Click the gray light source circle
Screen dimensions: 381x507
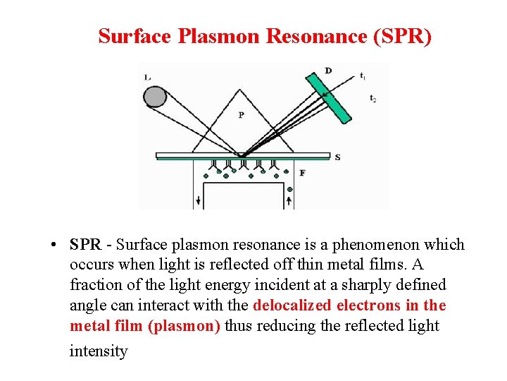point(156,96)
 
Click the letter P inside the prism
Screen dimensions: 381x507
point(241,114)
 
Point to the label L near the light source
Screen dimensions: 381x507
point(146,77)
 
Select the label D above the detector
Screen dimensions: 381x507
point(328,71)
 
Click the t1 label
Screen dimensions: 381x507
point(362,75)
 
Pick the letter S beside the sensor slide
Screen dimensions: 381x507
point(338,157)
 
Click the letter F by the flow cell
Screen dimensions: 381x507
point(302,172)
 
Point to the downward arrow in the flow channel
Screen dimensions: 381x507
point(199,200)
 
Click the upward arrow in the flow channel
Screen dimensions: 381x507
point(289,200)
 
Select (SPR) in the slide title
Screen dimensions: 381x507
point(396,36)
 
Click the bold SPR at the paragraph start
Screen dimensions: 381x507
point(85,245)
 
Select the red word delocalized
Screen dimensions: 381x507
point(292,306)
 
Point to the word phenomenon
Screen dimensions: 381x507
point(383,245)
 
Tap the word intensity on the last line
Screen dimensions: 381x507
point(99,351)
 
